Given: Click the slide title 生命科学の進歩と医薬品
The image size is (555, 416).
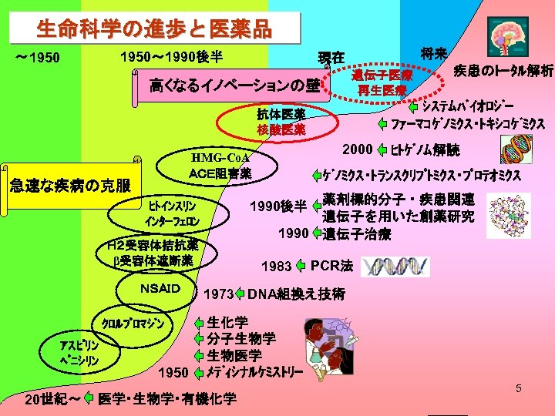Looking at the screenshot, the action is tap(154, 30).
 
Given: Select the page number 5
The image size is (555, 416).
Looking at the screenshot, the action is tap(518, 389).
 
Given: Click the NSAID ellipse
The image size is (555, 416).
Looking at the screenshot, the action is tap(160, 290).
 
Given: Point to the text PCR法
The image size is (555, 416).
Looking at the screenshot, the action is tap(331, 266).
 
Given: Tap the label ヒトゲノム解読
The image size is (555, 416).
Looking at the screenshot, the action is tap(425, 149).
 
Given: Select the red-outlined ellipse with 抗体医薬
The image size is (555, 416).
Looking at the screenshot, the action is tap(281, 122).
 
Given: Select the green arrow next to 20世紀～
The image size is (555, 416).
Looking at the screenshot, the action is tap(87, 398).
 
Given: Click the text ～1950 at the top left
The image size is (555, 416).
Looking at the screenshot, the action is tap(39, 59).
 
